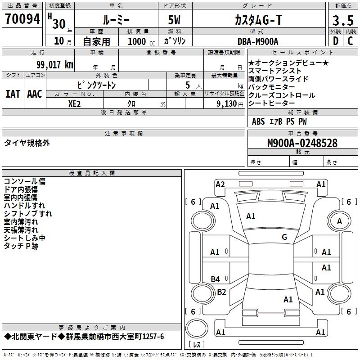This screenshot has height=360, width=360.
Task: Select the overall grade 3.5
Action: pos(343,20)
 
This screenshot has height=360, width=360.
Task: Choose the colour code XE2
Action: pos(75,103)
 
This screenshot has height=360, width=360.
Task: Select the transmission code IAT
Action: pos(13,94)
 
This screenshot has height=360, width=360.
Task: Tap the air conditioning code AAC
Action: pos(35,94)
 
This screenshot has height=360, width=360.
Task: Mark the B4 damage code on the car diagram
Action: pos(216,279)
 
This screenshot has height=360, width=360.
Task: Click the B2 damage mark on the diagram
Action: pos(221,292)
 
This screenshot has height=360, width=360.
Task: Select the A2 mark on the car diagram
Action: pos(220,184)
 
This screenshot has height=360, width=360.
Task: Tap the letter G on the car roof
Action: pos(284,237)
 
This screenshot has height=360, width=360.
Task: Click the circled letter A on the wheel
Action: pos(339,221)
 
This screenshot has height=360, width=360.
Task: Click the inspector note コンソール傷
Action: pos(25,181)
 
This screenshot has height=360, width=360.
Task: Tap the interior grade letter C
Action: pos(350,41)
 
